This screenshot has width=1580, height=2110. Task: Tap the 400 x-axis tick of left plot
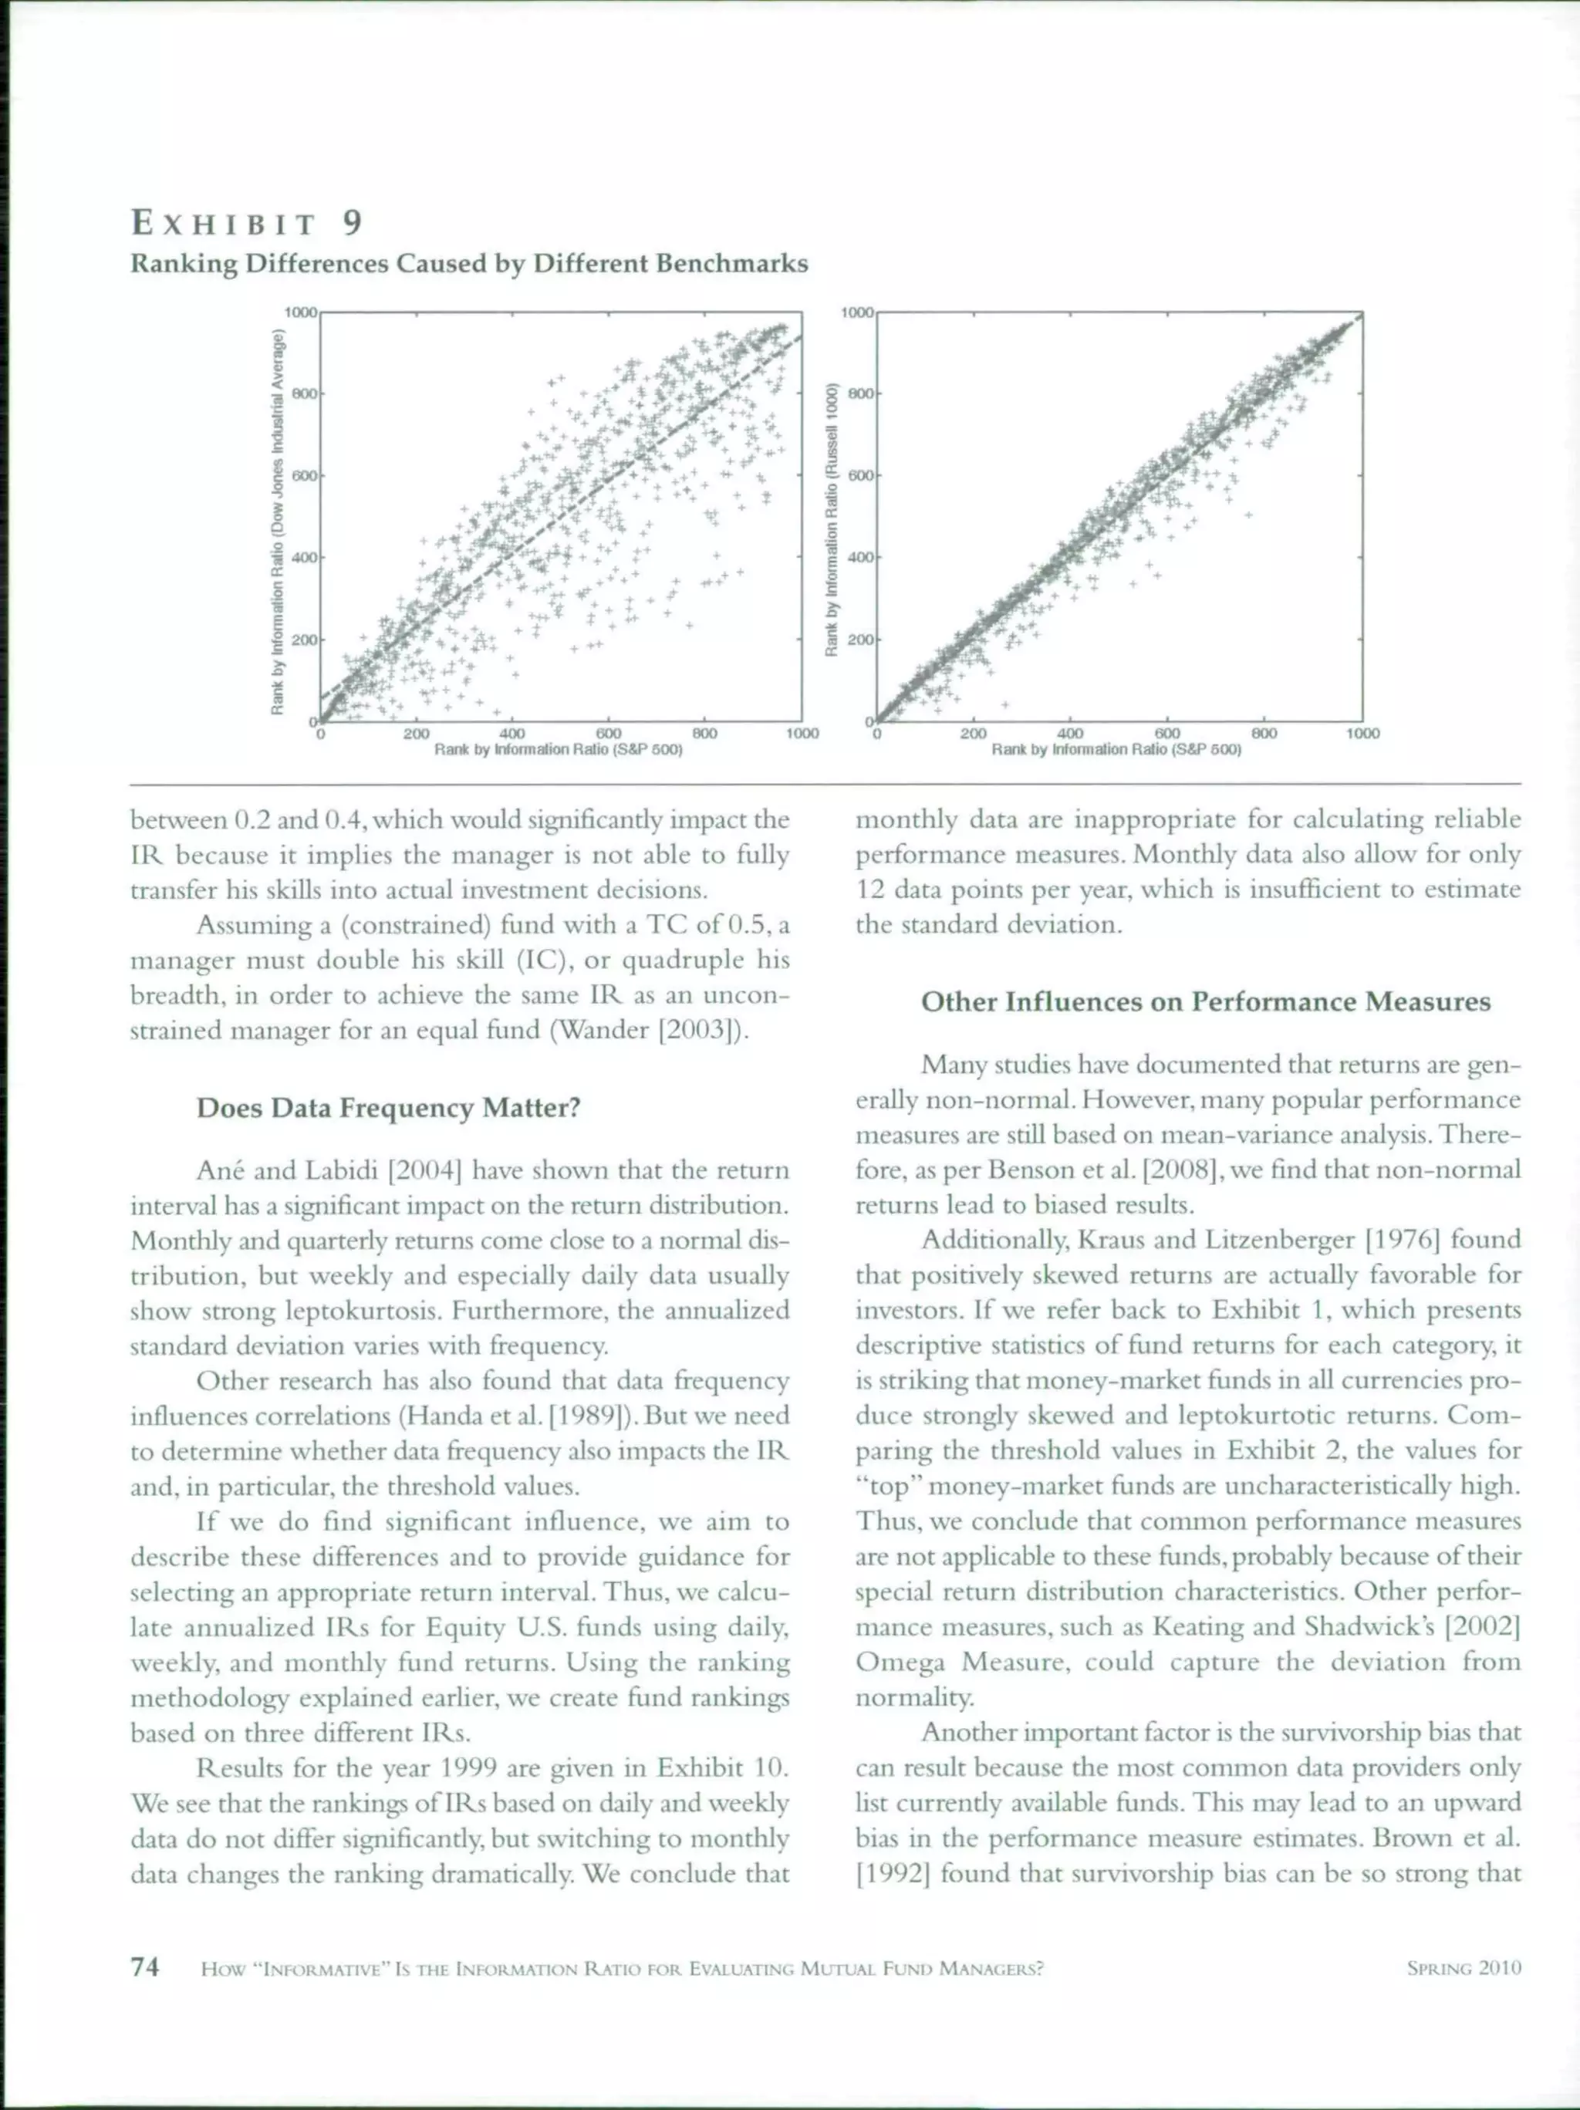tap(512, 734)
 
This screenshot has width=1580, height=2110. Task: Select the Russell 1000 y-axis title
tap(831, 520)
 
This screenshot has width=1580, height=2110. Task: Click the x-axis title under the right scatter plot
tap(1116, 750)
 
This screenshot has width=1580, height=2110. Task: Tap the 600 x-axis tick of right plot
tap(1168, 734)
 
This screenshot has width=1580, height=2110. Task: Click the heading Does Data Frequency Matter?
tap(388, 1108)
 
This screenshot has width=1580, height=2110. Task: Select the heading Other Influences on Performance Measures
tap(1205, 1001)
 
